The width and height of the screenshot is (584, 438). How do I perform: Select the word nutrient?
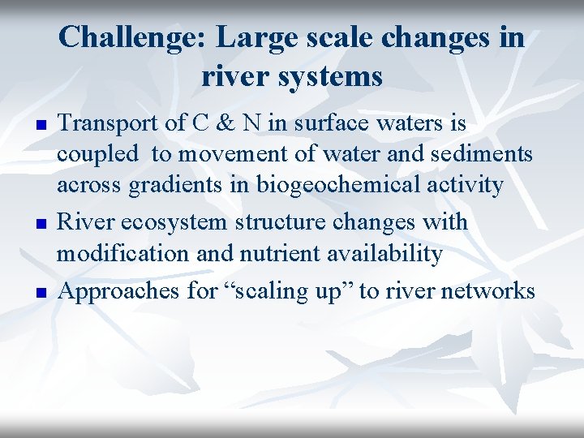tap(277, 253)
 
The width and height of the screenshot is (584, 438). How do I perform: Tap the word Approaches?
tap(120, 290)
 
